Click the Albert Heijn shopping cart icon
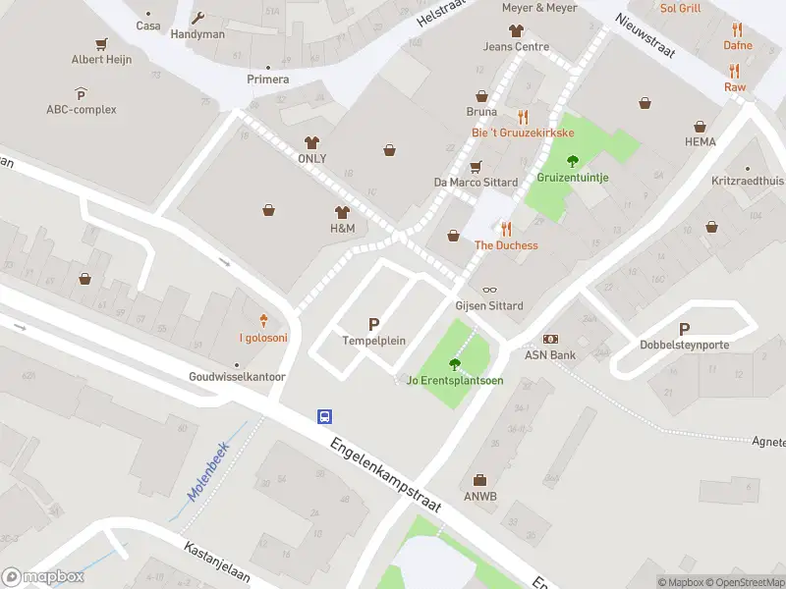click(x=100, y=44)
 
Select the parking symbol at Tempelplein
click(x=373, y=324)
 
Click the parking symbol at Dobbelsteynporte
click(x=685, y=330)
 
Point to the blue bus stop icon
click(x=323, y=416)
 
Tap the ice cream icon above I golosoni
click(x=264, y=320)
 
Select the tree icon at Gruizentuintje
click(x=573, y=161)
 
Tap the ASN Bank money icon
click(x=549, y=339)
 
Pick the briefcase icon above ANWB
click(x=480, y=480)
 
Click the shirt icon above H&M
click(x=342, y=212)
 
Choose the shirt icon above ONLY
click(x=312, y=142)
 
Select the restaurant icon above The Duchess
click(x=506, y=229)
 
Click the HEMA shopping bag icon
click(x=701, y=127)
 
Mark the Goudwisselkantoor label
click(x=238, y=377)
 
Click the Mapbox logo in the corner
click(x=43, y=577)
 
